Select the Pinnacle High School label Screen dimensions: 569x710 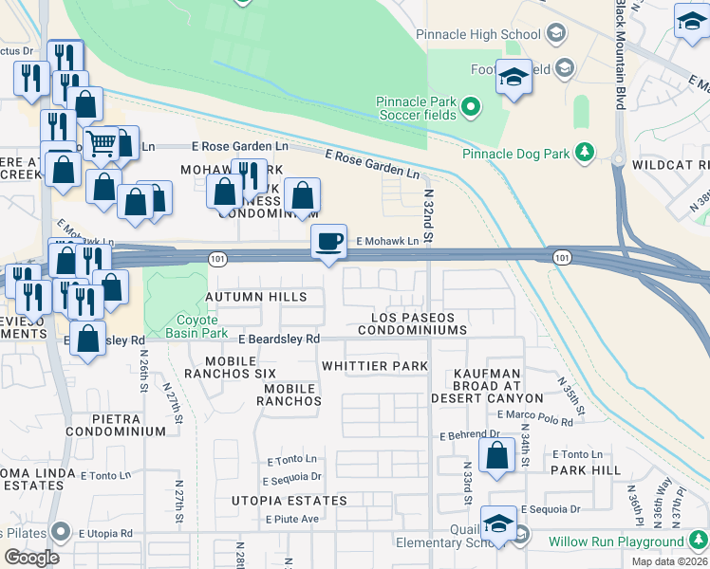point(478,35)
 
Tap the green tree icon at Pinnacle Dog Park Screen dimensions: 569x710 point(587,152)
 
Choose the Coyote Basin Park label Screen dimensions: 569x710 point(196,326)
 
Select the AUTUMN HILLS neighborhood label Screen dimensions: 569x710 point(256,298)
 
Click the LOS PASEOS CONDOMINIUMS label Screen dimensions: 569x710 point(419,323)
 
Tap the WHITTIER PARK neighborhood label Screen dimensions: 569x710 point(375,366)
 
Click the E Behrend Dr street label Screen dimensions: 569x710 point(469,435)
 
